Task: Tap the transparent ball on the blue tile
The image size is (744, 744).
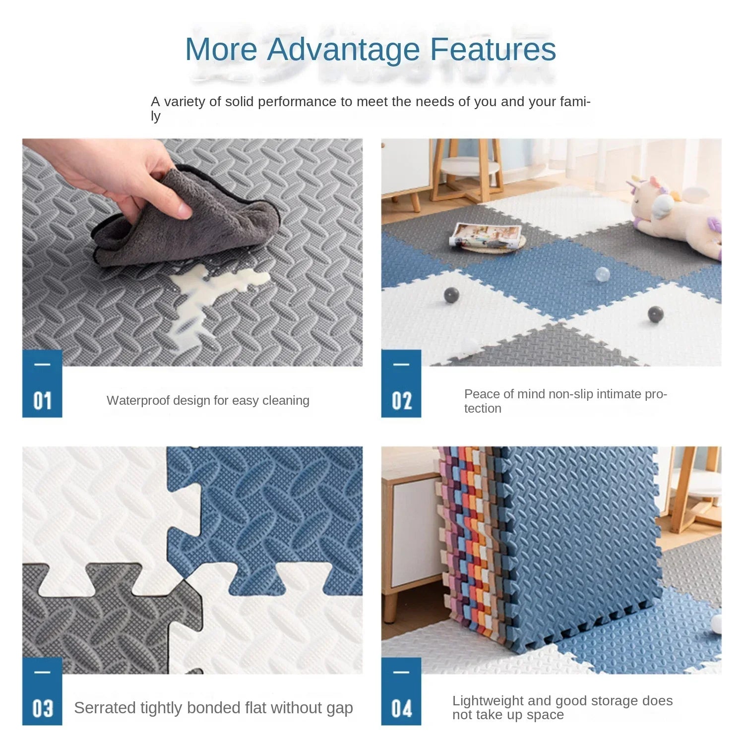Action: tap(602, 274)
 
